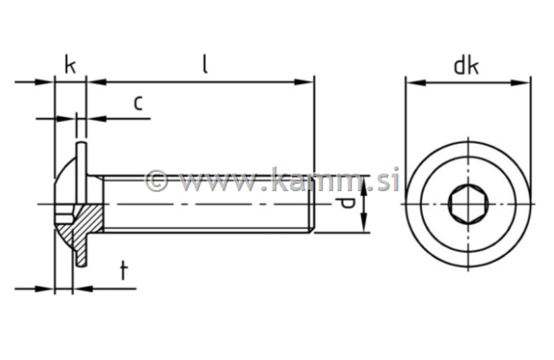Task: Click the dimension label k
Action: [x=70, y=64]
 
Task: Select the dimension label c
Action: [x=137, y=102]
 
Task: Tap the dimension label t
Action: [x=123, y=271]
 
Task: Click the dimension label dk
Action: [x=466, y=65]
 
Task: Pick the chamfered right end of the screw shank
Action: [x=311, y=204]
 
